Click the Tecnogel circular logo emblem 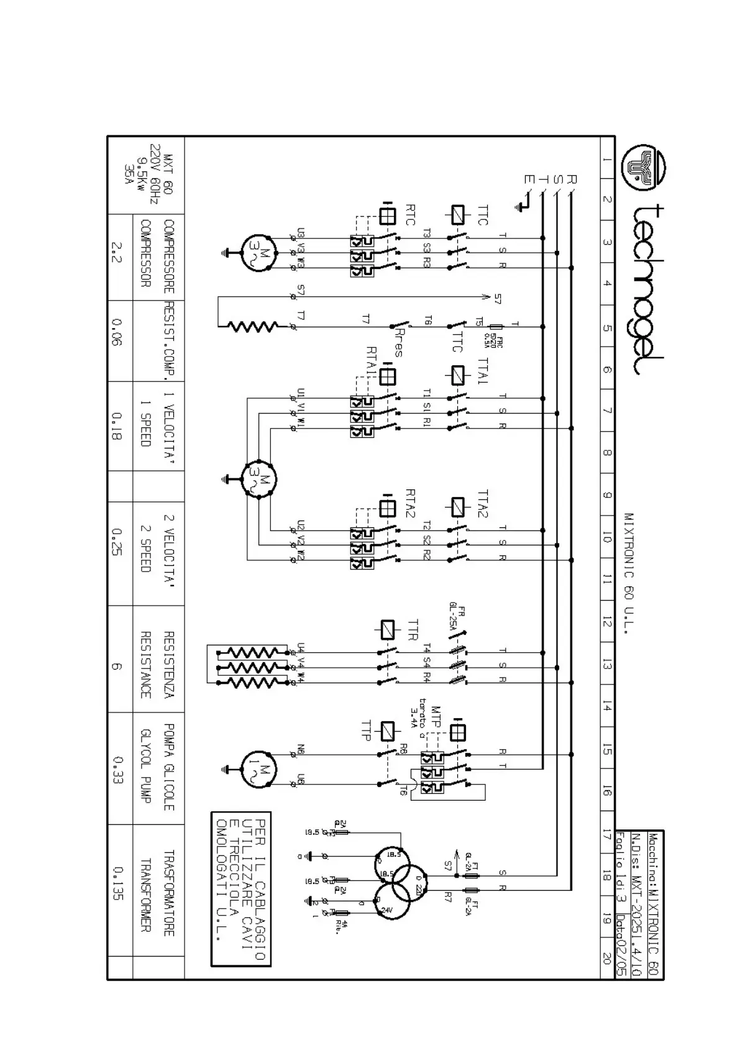pos(642,168)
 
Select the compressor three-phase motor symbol pos(258,252)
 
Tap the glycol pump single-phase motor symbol pos(258,770)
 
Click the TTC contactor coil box pos(457,215)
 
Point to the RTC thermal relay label pos(410,215)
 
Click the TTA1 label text pos(483,371)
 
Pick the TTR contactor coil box pos(388,629)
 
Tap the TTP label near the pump pos(366,730)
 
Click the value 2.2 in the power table pos(116,252)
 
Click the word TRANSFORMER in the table pos(145,895)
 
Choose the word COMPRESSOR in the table pos(145,253)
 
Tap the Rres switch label pos(398,341)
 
